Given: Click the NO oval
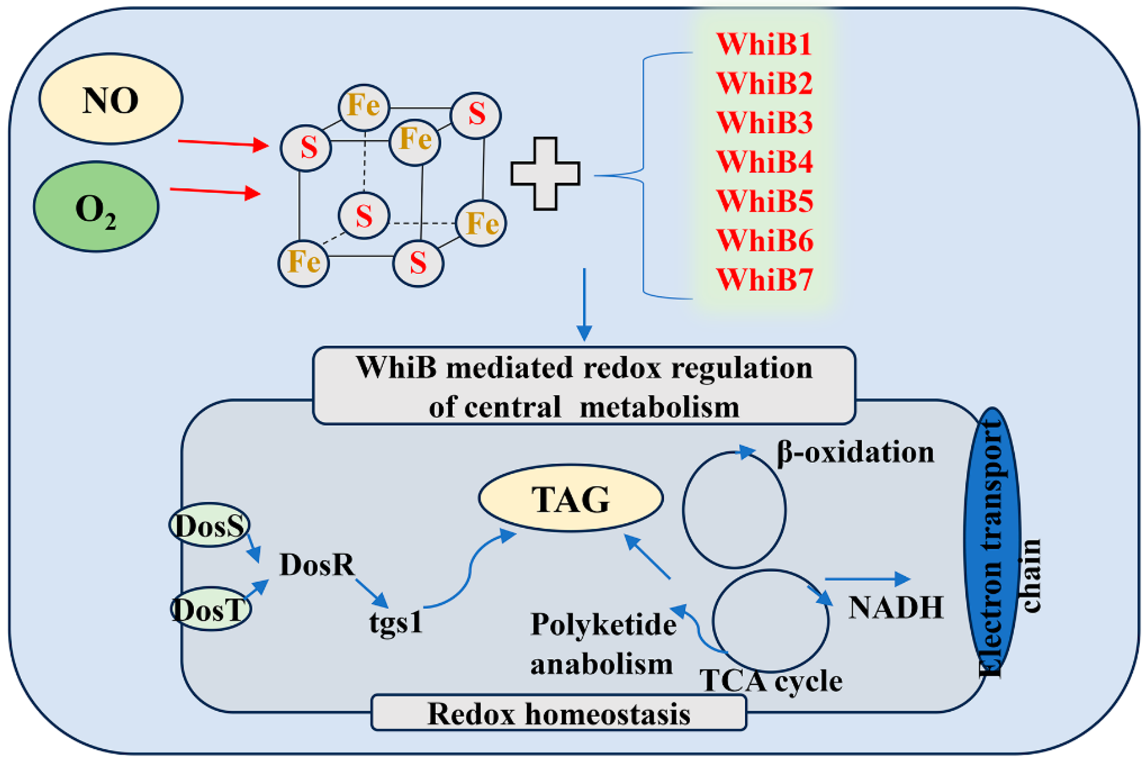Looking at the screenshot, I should [110, 99].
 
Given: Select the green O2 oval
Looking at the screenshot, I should [96, 207].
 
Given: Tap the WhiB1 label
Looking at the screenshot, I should [764, 44].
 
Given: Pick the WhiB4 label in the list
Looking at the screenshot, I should [764, 162].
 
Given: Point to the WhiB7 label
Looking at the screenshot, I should [764, 280].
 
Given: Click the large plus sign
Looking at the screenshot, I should [545, 173].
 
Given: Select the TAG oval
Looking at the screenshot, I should [571, 498].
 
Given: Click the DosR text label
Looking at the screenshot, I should [317, 565].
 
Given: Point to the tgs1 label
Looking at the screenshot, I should [396, 622].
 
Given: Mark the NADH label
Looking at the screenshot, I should [895, 608].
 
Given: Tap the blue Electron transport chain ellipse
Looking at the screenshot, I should [992, 539].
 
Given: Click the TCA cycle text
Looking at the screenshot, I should [771, 681].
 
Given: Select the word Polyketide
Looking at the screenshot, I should [603, 624].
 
